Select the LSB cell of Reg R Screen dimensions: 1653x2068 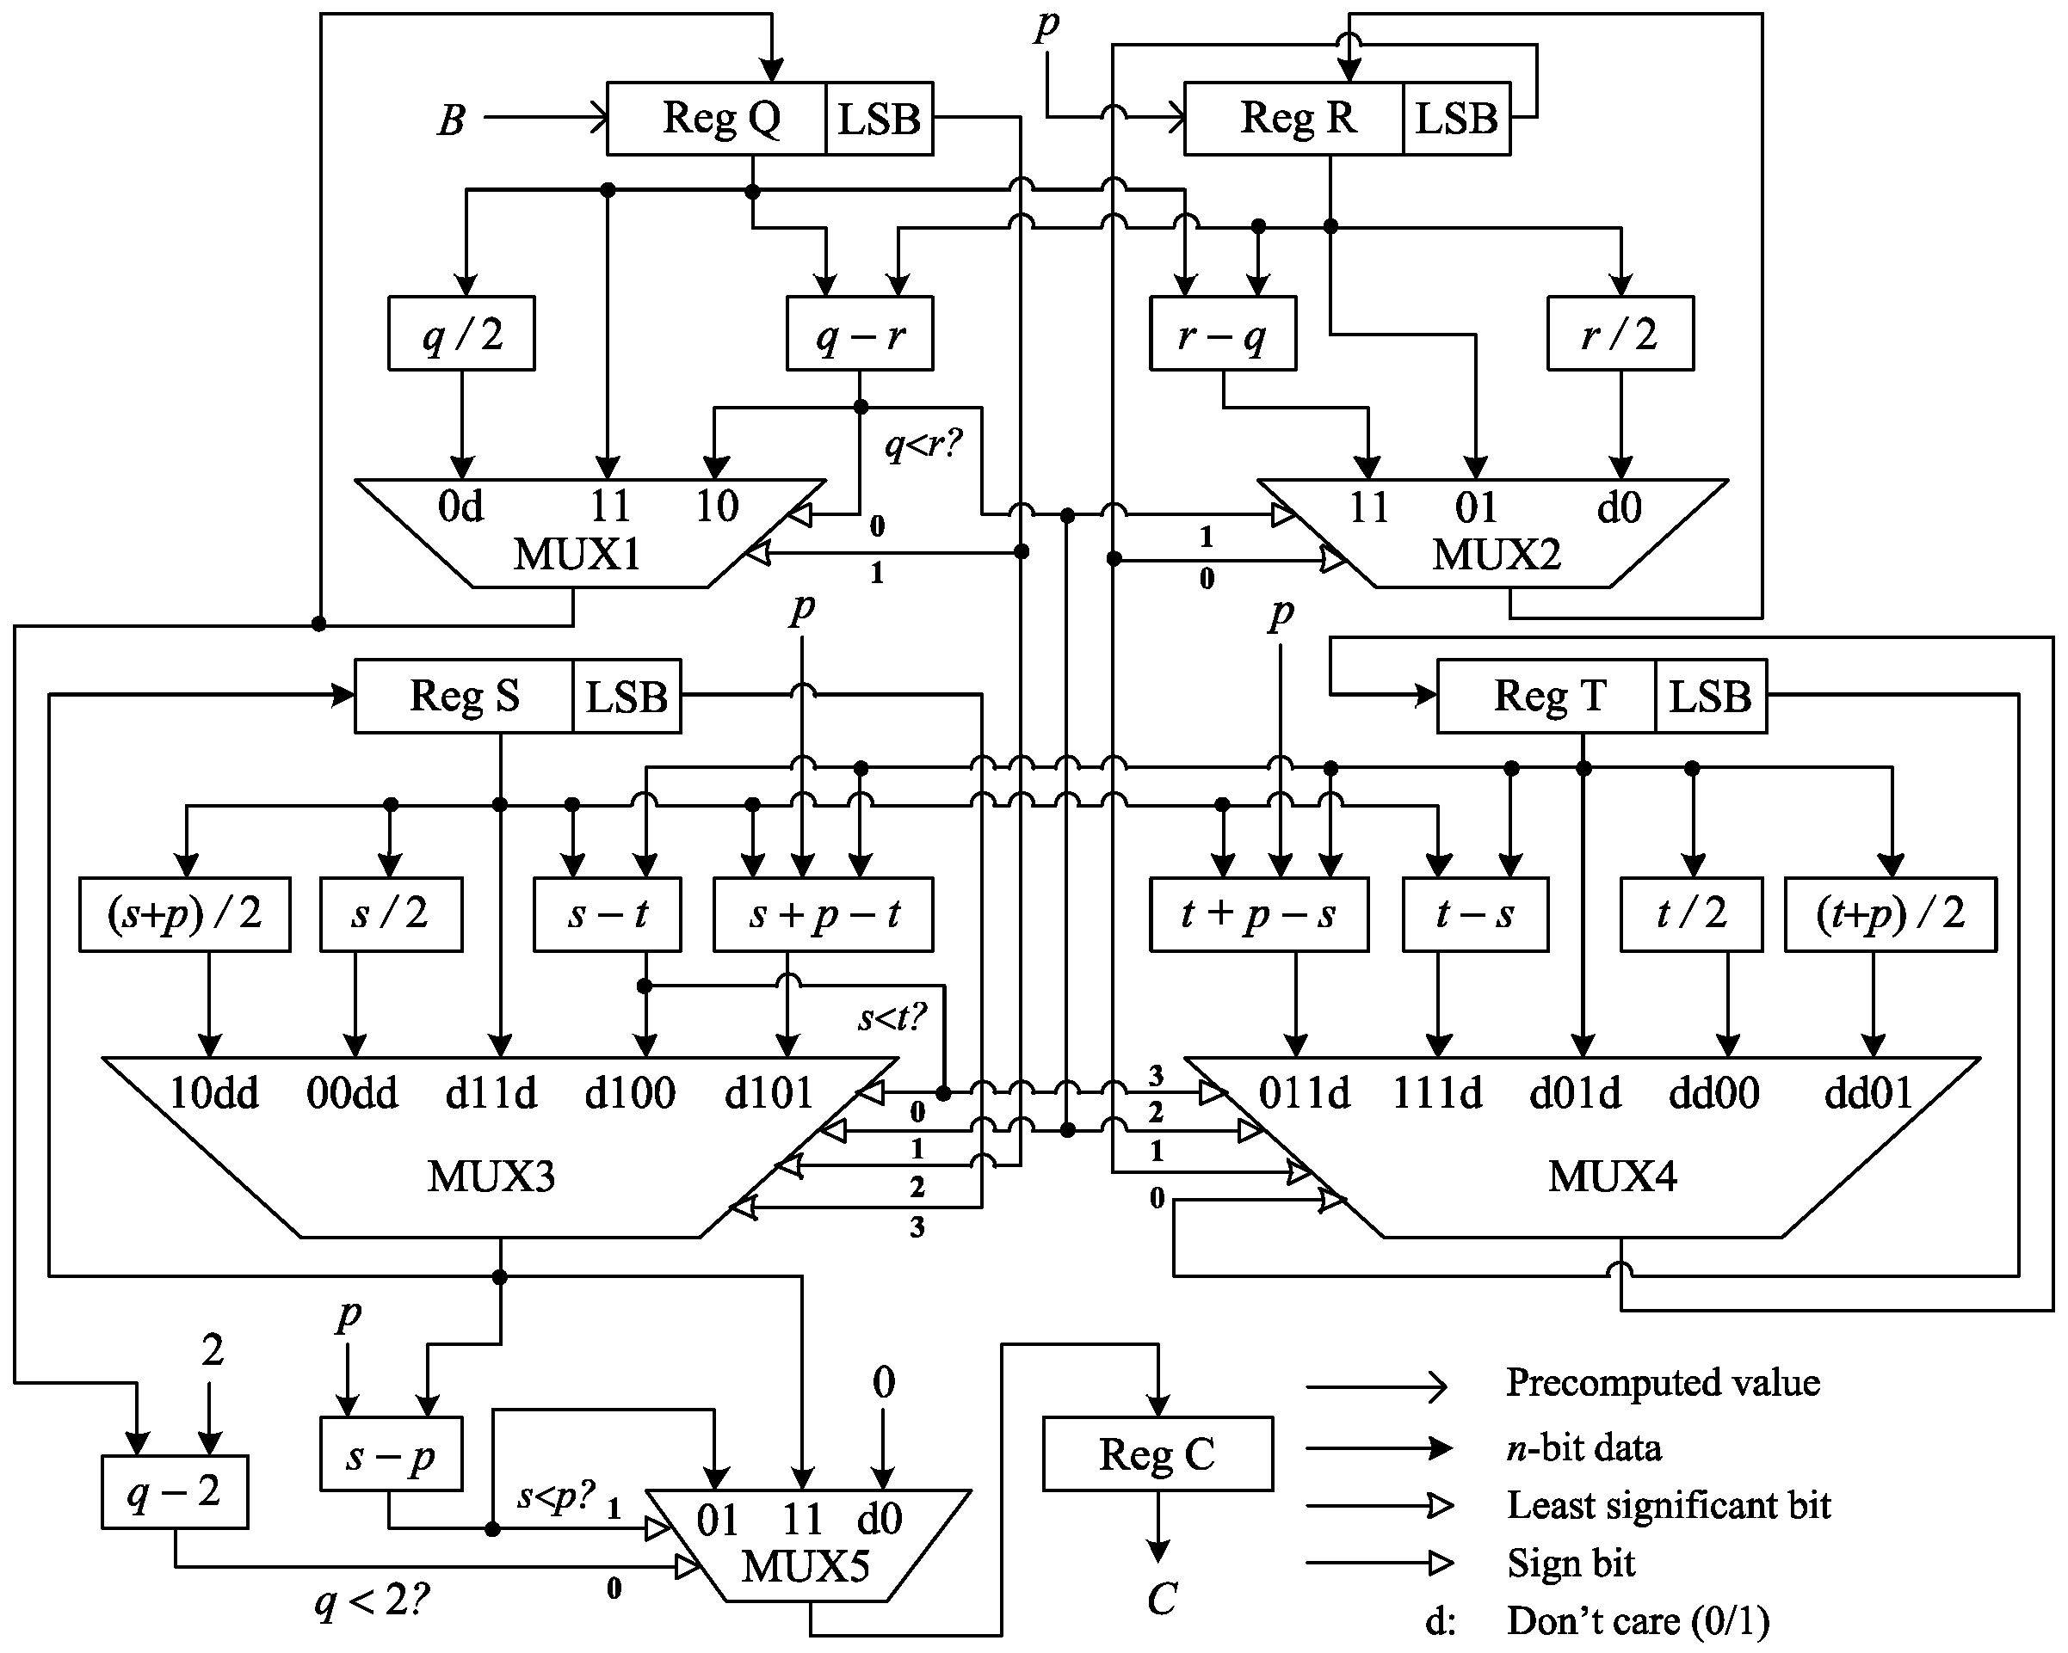(x=1456, y=119)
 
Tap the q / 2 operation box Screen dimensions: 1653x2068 (x=461, y=334)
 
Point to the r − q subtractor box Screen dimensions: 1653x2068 (x=1223, y=334)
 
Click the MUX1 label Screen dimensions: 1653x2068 (x=577, y=554)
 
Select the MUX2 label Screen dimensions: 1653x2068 (x=1497, y=554)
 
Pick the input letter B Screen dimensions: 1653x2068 (x=452, y=120)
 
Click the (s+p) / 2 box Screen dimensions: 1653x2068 (x=184, y=913)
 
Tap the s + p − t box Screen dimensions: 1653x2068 (x=823, y=913)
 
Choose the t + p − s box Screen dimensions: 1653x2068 (x=1258, y=913)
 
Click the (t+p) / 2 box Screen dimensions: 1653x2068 (x=1890, y=913)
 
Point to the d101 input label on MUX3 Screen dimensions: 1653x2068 (x=769, y=1092)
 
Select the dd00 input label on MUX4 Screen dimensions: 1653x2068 (x=1714, y=1092)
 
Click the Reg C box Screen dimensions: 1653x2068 (x=1157, y=1453)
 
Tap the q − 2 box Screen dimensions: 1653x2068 (x=175, y=1492)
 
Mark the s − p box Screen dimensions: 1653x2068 (x=391, y=1454)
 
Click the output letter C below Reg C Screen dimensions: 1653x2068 (x=1162, y=1598)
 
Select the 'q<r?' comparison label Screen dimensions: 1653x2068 (x=922, y=445)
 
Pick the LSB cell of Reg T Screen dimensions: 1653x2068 (x=1710, y=696)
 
